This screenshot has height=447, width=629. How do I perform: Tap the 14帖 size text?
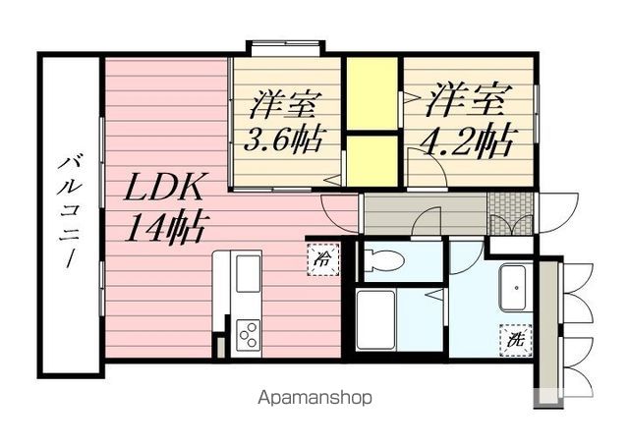click(164, 228)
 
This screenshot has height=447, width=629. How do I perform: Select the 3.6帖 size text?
click(285, 140)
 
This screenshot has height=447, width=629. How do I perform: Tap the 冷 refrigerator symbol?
click(322, 260)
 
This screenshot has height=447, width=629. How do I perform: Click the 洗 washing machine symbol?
click(515, 340)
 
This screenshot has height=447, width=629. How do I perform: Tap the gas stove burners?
click(248, 335)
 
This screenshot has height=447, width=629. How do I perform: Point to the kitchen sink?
click(248, 270)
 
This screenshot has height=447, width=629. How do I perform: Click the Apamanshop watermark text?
click(314, 398)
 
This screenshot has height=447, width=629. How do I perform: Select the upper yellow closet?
click(371, 94)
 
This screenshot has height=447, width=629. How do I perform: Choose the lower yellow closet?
click(371, 158)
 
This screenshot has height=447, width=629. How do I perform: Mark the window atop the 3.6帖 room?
click(284, 46)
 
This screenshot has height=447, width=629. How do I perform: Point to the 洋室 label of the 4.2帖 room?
click(469, 101)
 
